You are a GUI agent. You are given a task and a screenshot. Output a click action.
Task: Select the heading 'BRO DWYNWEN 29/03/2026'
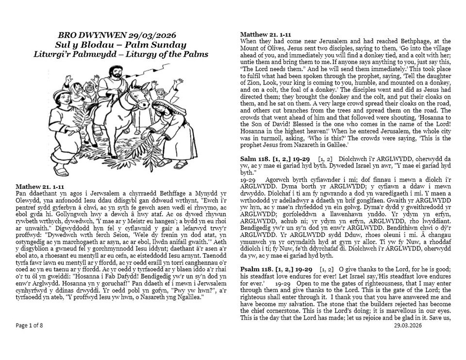tap(116, 35)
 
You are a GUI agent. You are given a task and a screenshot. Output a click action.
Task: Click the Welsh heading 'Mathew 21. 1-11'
tap(40, 186)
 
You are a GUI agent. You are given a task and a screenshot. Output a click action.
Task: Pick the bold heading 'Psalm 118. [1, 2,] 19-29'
tap(278, 268)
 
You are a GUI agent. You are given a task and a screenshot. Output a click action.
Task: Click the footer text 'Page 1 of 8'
tap(29, 326)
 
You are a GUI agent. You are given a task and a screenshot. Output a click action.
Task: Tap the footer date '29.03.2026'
tap(408, 326)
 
